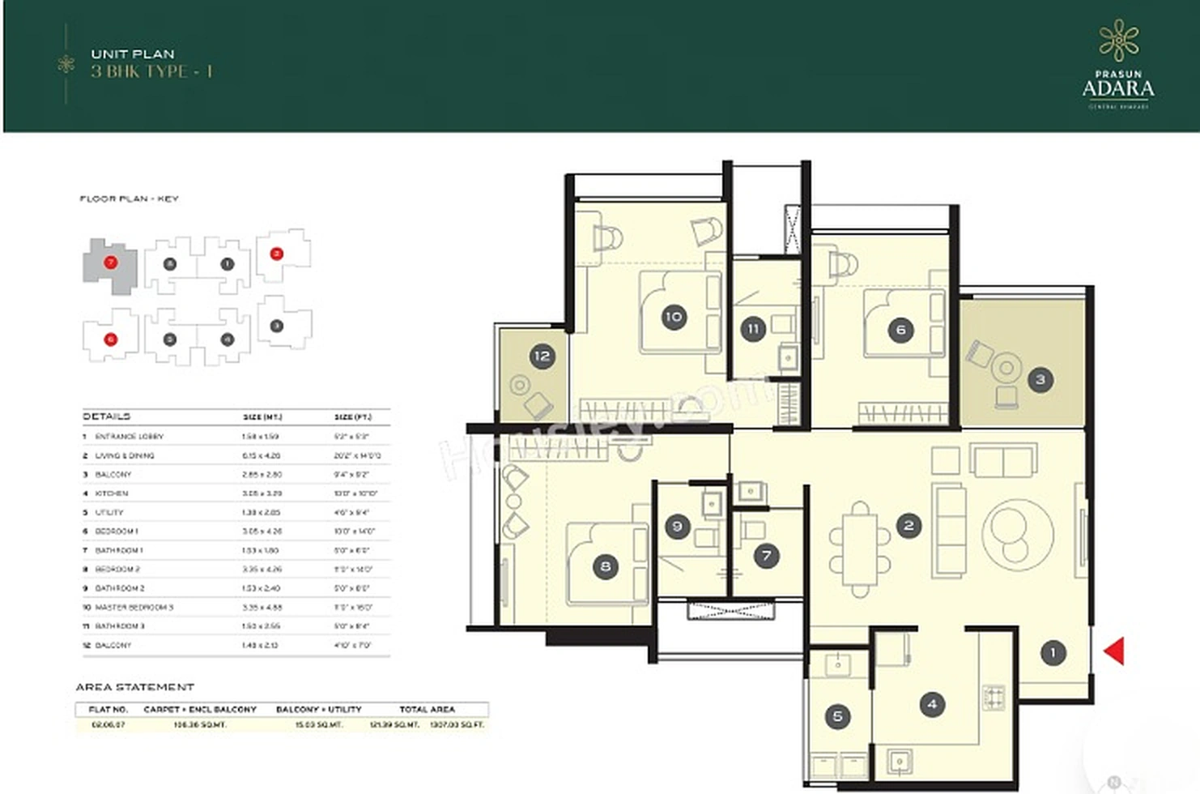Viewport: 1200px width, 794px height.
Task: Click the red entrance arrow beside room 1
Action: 1115,651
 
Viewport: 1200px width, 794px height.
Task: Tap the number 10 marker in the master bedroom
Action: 673,317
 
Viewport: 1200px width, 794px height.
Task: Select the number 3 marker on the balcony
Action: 1040,379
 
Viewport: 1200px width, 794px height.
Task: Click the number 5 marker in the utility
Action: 837,716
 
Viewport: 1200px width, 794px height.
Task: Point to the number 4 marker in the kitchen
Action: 932,704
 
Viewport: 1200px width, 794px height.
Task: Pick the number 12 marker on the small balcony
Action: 542,356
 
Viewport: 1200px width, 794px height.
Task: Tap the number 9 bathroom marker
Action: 678,527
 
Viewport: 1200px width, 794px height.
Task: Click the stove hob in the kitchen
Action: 994,697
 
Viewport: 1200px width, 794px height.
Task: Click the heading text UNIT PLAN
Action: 133,53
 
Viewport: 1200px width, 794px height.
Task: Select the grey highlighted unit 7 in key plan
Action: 110,263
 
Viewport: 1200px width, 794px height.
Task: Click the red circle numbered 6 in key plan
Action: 110,339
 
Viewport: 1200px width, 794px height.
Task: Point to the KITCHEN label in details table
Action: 112,493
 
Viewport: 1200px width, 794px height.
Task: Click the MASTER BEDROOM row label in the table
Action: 134,607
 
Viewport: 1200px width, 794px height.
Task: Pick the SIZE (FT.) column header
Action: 353,417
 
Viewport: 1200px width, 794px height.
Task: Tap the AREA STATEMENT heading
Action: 135,687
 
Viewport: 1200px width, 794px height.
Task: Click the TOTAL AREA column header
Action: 427,709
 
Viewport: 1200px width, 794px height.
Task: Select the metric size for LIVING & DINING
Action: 261,455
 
